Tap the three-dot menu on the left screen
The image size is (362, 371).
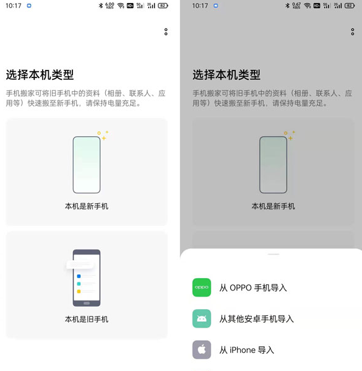click(x=166, y=32)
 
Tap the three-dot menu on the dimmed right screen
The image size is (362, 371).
click(x=352, y=32)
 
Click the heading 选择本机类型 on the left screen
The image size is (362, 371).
click(x=40, y=75)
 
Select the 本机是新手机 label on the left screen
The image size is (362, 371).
click(x=87, y=206)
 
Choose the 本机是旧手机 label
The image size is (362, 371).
click(x=87, y=319)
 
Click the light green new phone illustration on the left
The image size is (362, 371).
click(x=87, y=165)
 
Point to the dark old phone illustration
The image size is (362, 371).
click(x=87, y=278)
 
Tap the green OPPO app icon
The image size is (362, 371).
click(x=202, y=287)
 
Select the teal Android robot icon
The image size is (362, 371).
click(x=202, y=318)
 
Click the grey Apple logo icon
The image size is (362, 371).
click(x=202, y=350)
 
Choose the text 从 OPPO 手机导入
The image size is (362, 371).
click(x=253, y=288)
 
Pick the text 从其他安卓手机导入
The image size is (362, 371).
click(x=257, y=319)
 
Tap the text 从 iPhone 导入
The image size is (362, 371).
click(x=247, y=350)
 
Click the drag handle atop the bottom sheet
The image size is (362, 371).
click(x=274, y=255)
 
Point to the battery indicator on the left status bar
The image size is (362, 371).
click(x=163, y=6)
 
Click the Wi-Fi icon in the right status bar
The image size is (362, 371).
click(x=307, y=6)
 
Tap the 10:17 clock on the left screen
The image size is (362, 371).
click(x=14, y=6)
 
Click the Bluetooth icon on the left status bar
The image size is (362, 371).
click(x=101, y=6)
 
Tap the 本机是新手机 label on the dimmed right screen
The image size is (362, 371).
click(x=273, y=206)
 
